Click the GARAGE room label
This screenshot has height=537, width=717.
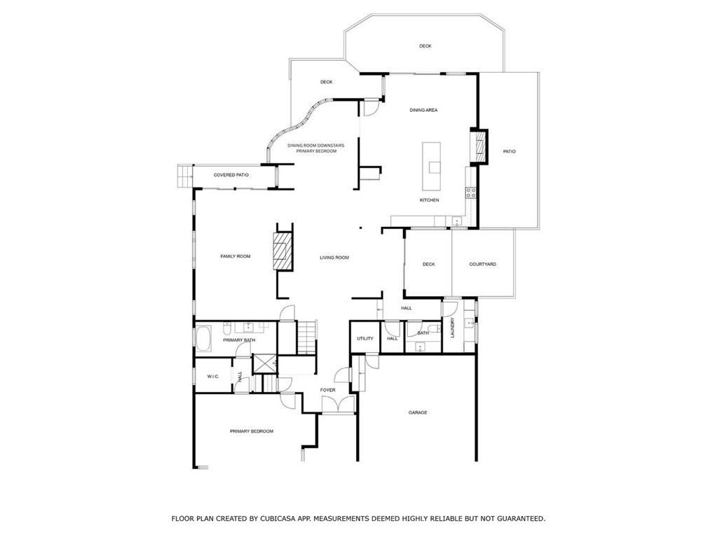tap(418, 412)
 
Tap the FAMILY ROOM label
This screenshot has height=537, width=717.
tap(235, 256)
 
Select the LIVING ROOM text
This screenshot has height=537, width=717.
tap(334, 258)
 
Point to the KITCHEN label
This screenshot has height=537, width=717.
tap(430, 200)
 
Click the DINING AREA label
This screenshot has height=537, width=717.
tap(423, 110)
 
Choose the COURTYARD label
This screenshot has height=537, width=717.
tap(482, 264)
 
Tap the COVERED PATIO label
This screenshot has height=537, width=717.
tap(231, 175)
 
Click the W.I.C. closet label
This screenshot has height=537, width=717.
tap(213, 376)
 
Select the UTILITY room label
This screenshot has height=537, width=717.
tap(365, 338)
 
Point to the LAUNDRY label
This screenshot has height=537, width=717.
tap(453, 328)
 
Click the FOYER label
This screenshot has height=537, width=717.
tap(327, 390)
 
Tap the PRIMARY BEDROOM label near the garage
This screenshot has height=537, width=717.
tap(252, 431)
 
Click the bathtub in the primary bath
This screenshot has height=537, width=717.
tap(204, 338)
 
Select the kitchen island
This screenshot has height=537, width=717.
tap(431, 167)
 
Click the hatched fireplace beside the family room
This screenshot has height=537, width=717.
tap(282, 251)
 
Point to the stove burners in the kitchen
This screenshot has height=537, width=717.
tap(470, 193)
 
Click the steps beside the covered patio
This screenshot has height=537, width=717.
tap(185, 176)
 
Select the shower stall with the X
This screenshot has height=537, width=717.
tap(264, 364)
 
